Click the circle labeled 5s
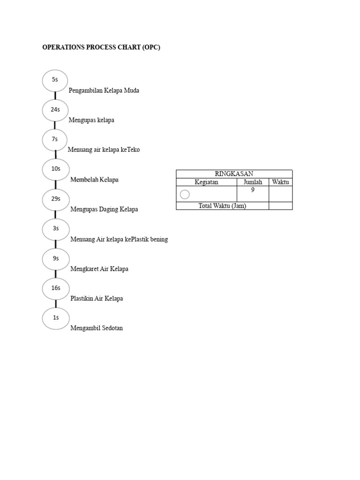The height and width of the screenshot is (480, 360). pyautogui.click(x=55, y=80)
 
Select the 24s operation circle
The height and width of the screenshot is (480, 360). pyautogui.click(x=55, y=110)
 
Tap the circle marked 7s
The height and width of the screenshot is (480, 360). pyautogui.click(x=55, y=139)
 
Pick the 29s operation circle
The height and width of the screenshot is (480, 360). pyautogui.click(x=55, y=199)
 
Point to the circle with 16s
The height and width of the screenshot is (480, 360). pyautogui.click(x=55, y=288)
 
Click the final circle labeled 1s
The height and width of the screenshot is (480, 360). pyautogui.click(x=55, y=318)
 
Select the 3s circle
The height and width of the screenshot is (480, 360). pyautogui.click(x=55, y=229)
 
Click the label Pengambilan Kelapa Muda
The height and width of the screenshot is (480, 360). pyautogui.click(x=104, y=90)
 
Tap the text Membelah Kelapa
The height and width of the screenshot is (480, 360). pyautogui.click(x=94, y=180)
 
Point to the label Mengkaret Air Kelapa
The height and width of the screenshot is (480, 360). pyautogui.click(x=99, y=269)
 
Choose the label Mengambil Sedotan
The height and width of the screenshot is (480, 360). pyautogui.click(x=96, y=328)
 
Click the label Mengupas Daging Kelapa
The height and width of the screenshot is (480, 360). pyautogui.click(x=104, y=210)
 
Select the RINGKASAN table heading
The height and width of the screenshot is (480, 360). pyautogui.click(x=234, y=174)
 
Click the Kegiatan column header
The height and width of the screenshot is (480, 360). pyautogui.click(x=206, y=182)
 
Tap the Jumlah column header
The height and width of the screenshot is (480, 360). pyautogui.click(x=253, y=182)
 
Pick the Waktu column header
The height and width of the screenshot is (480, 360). pyautogui.click(x=280, y=182)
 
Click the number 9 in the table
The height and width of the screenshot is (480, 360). pyautogui.click(x=253, y=190)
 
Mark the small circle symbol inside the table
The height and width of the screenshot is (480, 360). pyautogui.click(x=185, y=194)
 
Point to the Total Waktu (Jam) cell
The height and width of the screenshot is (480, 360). pyautogui.click(x=222, y=206)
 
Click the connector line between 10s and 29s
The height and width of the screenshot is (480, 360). pyautogui.click(x=55, y=184)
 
